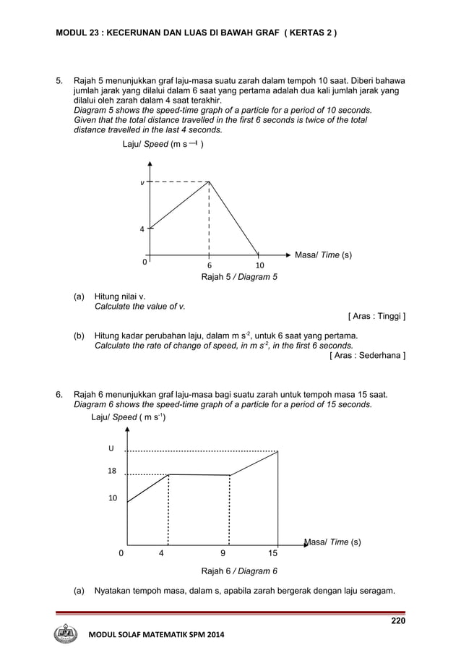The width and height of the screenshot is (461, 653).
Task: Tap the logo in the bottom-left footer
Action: point(66,634)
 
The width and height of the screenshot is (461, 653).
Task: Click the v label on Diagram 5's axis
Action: point(142,183)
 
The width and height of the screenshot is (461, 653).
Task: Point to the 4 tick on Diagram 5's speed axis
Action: point(142,229)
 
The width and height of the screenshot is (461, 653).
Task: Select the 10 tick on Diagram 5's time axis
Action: point(258,265)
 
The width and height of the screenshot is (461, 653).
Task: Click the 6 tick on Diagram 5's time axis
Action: point(209,265)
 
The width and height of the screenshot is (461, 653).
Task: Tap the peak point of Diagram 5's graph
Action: point(209,182)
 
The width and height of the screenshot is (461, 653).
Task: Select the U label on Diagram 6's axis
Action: point(111,448)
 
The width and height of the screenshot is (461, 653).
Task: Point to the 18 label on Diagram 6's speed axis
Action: point(112,471)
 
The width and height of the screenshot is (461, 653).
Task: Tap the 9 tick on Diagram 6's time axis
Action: point(223,553)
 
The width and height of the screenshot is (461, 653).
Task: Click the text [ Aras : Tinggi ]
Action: point(376,316)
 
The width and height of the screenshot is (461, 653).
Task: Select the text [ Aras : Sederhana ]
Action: point(367,355)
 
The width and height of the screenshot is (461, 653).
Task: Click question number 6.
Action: point(61,394)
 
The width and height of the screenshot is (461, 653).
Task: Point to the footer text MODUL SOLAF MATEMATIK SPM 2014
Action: point(155,635)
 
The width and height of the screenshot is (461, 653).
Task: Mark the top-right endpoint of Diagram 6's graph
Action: point(278,451)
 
